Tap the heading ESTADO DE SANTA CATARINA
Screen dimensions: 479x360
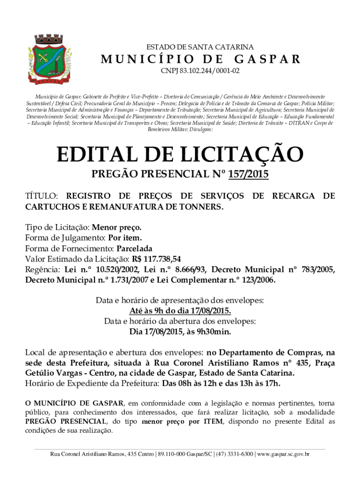200,47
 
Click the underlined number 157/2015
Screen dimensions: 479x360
248,175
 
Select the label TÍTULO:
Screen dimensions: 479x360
42,196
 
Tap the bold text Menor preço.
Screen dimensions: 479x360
116,227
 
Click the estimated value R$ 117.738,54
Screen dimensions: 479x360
156,259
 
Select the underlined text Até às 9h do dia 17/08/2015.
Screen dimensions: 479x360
180,311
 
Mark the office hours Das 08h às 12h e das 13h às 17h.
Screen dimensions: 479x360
221,384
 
